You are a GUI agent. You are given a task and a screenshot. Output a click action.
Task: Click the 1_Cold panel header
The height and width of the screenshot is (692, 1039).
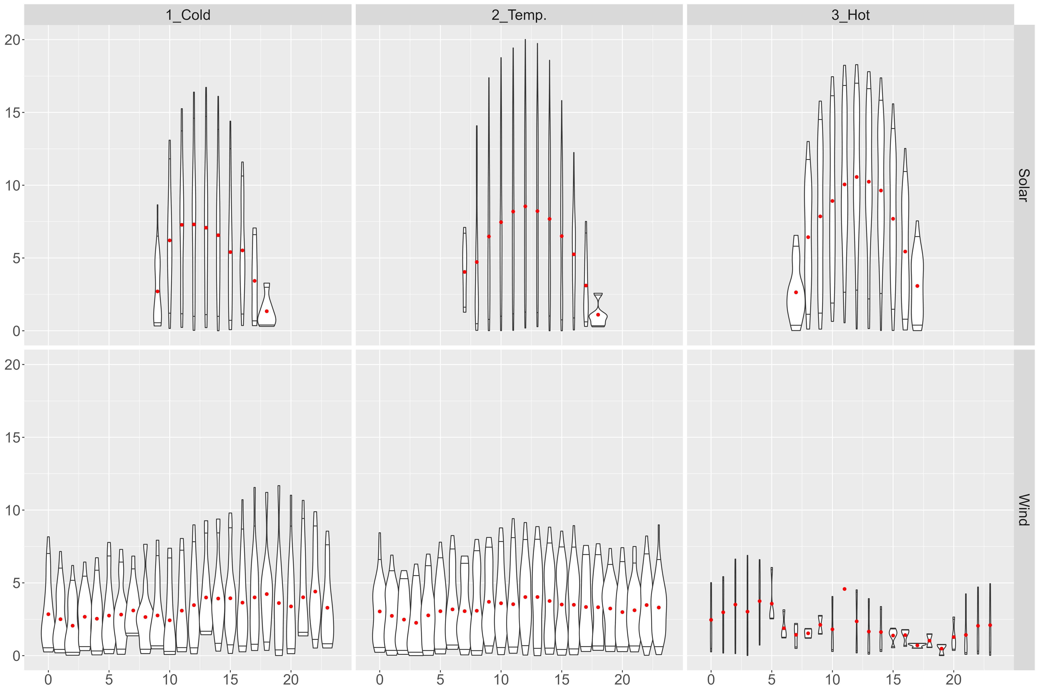point(188,15)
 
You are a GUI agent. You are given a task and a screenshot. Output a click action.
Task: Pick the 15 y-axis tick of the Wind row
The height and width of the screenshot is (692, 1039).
point(12,437)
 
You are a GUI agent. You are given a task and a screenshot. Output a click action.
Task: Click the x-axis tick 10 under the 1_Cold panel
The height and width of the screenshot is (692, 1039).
point(170,680)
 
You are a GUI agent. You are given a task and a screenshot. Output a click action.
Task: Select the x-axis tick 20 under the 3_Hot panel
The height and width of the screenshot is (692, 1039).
point(954,680)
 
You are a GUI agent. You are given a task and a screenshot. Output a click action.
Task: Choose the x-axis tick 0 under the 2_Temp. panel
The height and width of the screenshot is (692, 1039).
point(379,680)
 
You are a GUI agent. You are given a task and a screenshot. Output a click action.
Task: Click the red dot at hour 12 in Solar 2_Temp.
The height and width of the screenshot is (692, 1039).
point(525,206)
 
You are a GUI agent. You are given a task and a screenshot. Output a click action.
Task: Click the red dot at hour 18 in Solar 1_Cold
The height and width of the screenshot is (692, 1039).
point(267,311)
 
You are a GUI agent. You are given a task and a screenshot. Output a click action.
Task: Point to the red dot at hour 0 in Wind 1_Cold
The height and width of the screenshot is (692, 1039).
point(48,614)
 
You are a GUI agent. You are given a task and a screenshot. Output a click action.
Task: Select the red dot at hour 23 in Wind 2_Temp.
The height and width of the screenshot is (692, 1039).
point(659,607)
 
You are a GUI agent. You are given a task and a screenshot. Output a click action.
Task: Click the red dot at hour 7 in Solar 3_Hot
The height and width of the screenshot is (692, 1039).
point(796,292)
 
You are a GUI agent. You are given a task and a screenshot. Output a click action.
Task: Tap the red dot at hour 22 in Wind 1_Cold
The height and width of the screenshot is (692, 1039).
point(315,591)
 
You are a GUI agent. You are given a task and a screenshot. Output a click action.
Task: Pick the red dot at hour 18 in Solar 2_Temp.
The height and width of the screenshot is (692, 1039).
point(598,315)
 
